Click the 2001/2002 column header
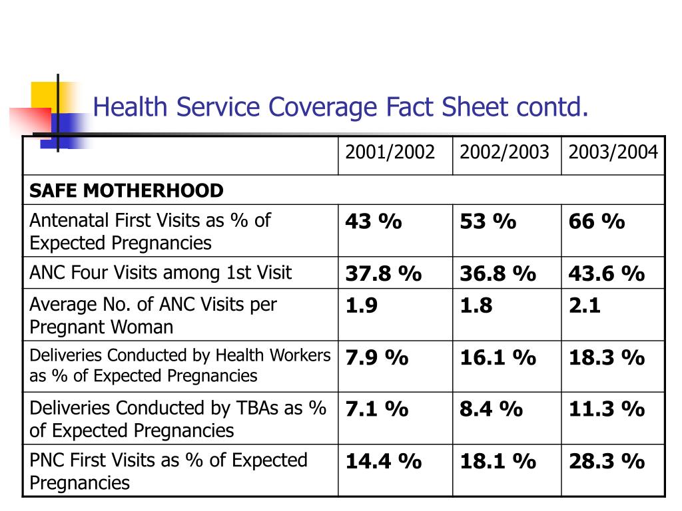pos(390,152)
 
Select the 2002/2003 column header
pos(504,152)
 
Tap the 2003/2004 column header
pos(613,152)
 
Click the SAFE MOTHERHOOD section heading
pos(126,191)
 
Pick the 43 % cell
pos(374,221)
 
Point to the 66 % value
pos(597,221)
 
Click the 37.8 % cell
pos(384,273)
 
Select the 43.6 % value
pos(607,273)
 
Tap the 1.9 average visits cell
pos(362,305)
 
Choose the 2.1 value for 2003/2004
pos(585,305)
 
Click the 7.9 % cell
pos(377,357)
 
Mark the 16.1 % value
pos(498,357)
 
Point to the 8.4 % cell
pos(492,409)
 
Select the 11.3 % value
pos(607,409)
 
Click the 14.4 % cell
pos(384,462)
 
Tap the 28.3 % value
pos(607,462)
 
